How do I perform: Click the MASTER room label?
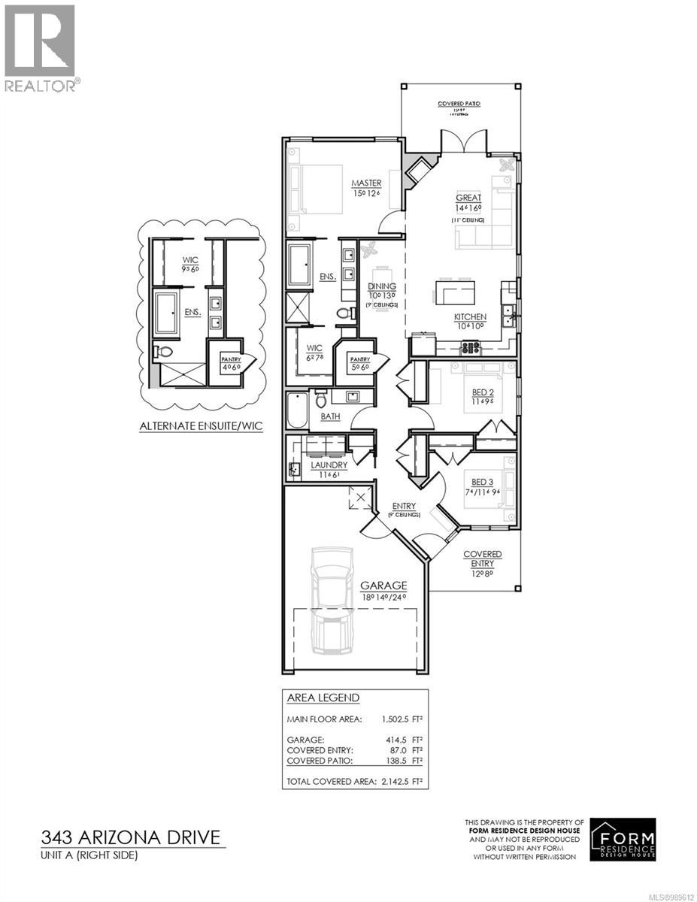point(367,183)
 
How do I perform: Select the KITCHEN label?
point(469,317)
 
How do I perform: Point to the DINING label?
point(382,286)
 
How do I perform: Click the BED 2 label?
point(481,393)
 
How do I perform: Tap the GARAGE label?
point(383,585)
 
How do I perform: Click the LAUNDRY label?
point(329,465)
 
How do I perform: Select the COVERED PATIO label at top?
point(459,104)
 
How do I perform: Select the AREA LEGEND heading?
point(323,698)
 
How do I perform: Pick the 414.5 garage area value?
point(399,740)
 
